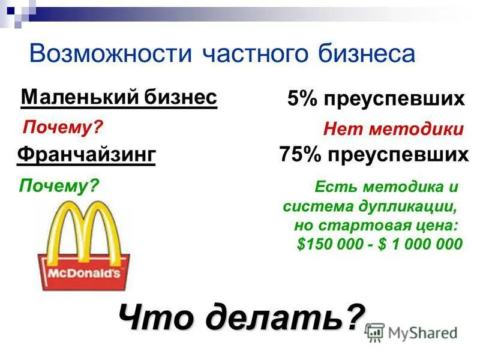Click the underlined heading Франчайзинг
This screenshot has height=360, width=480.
click(x=86, y=155)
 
